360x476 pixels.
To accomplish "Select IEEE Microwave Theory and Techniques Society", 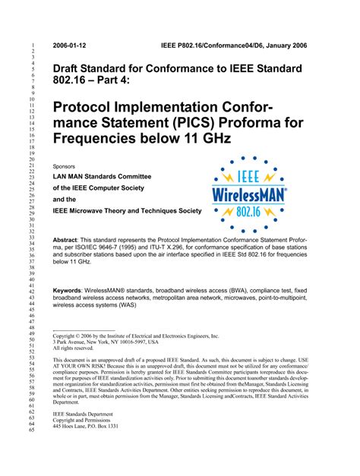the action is (x=127, y=210).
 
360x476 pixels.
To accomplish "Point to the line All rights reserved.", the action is (x=76, y=349).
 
